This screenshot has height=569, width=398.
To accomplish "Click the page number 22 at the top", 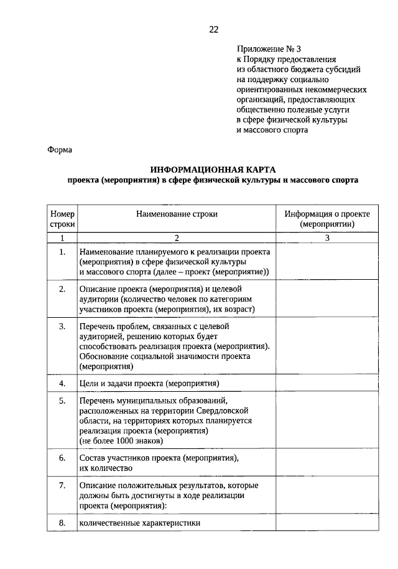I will pyautogui.click(x=213, y=29).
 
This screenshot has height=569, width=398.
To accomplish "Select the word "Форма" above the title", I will pyautogui.click(x=60, y=150).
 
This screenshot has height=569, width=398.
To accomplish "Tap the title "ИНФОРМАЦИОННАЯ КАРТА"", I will pyautogui.click(x=213, y=170).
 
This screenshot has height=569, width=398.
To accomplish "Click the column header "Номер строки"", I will pyautogui.click(x=62, y=219).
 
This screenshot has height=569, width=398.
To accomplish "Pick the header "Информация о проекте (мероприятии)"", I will pyautogui.click(x=327, y=219).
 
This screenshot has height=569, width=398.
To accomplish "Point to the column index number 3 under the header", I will pyautogui.click(x=327, y=238).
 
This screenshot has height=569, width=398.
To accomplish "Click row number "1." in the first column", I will pyautogui.click(x=62, y=252).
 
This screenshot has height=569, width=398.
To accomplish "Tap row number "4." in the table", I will pyautogui.click(x=62, y=383).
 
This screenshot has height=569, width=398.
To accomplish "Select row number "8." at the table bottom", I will pyautogui.click(x=62, y=523).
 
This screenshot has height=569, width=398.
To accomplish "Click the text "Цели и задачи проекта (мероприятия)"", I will pyautogui.click(x=149, y=383).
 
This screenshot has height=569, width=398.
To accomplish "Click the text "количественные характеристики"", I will pyautogui.click(x=139, y=523).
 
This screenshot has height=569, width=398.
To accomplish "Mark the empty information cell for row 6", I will pyautogui.click(x=327, y=463).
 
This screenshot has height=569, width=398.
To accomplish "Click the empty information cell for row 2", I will pyautogui.click(x=327, y=299).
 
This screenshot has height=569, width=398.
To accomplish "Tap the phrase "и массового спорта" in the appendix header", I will pyautogui.click(x=272, y=130).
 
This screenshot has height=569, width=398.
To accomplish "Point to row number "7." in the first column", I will pyautogui.click(x=62, y=485).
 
